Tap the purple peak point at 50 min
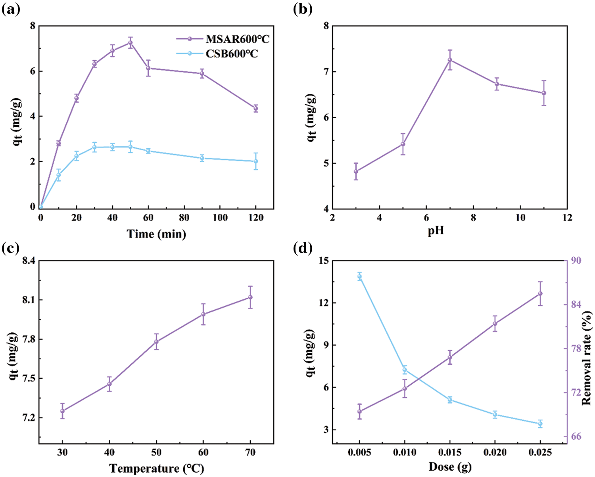130,42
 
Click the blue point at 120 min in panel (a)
256,161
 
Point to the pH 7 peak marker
450,60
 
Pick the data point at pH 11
544,93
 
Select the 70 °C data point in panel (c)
250,297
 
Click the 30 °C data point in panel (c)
62,411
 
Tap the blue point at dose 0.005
360,276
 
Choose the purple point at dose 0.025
540,293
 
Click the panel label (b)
302,9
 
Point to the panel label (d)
302,248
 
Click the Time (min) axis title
156,234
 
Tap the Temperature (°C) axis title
156,469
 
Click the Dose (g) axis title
450,467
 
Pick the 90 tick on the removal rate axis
576,261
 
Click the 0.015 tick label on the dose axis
450,452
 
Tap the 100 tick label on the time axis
220,218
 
